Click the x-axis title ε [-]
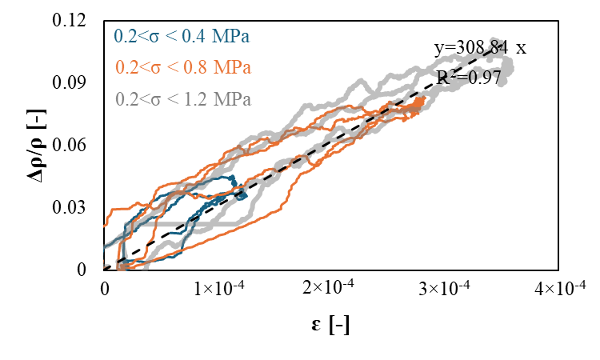329,326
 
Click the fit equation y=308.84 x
480,48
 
